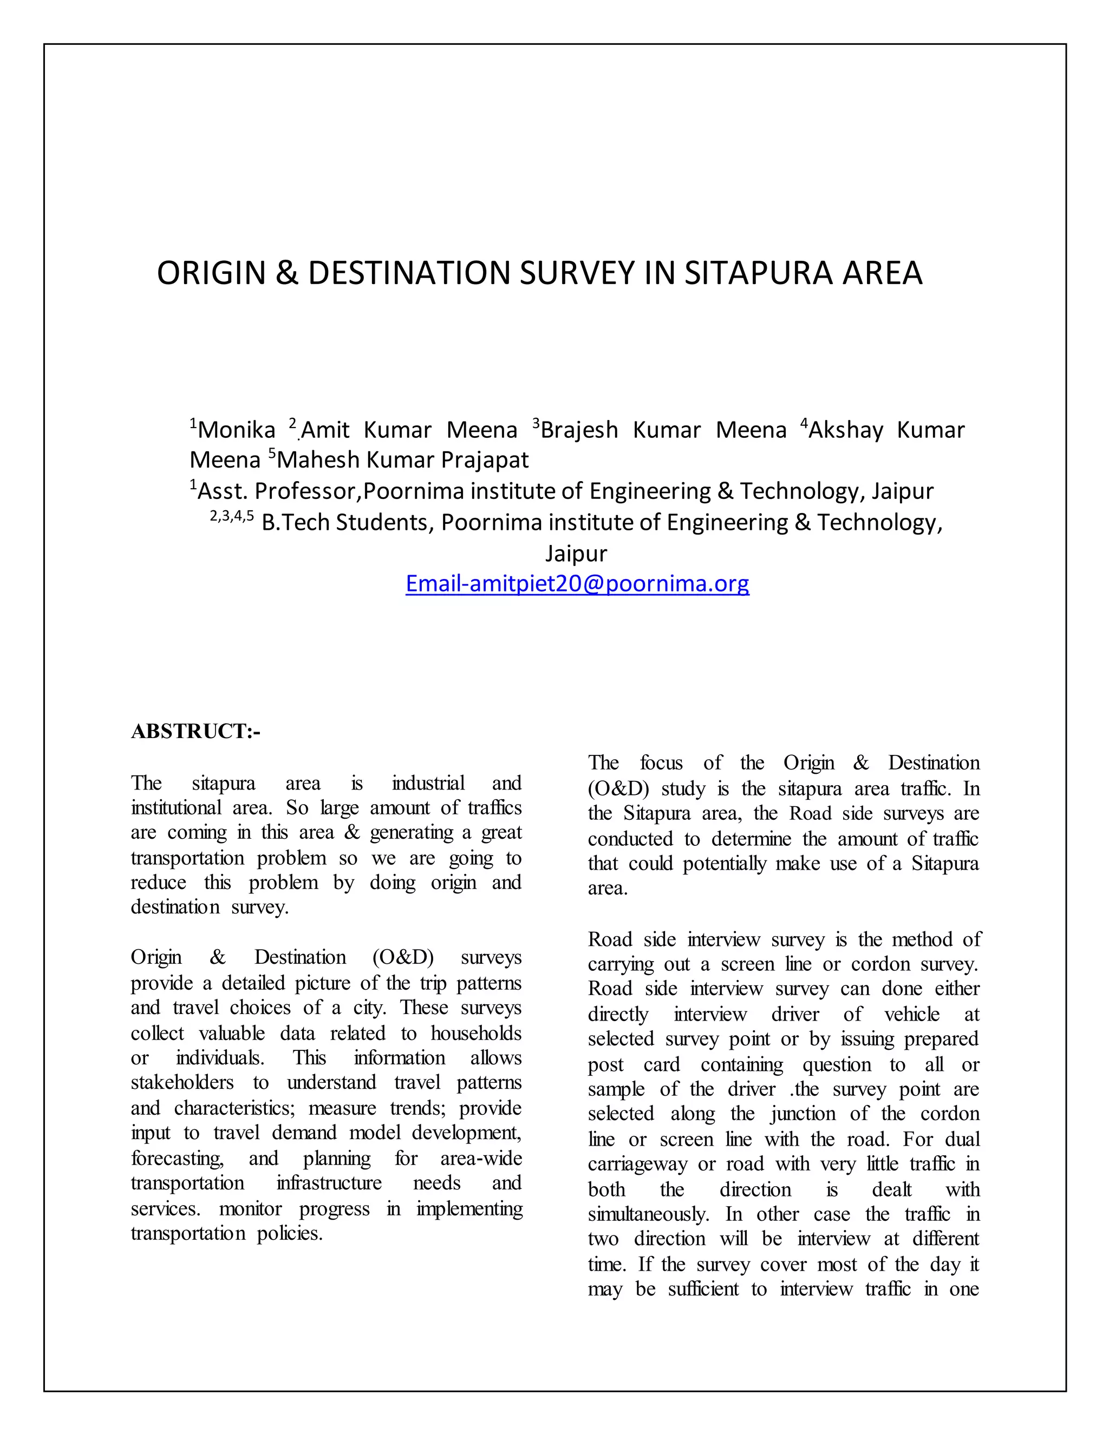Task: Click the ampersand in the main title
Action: point(286,273)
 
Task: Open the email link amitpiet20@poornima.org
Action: point(577,583)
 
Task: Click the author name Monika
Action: point(237,430)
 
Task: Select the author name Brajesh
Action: point(579,430)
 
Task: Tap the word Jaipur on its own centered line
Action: point(576,553)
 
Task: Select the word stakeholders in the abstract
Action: point(182,1082)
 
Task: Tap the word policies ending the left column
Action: point(290,1233)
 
